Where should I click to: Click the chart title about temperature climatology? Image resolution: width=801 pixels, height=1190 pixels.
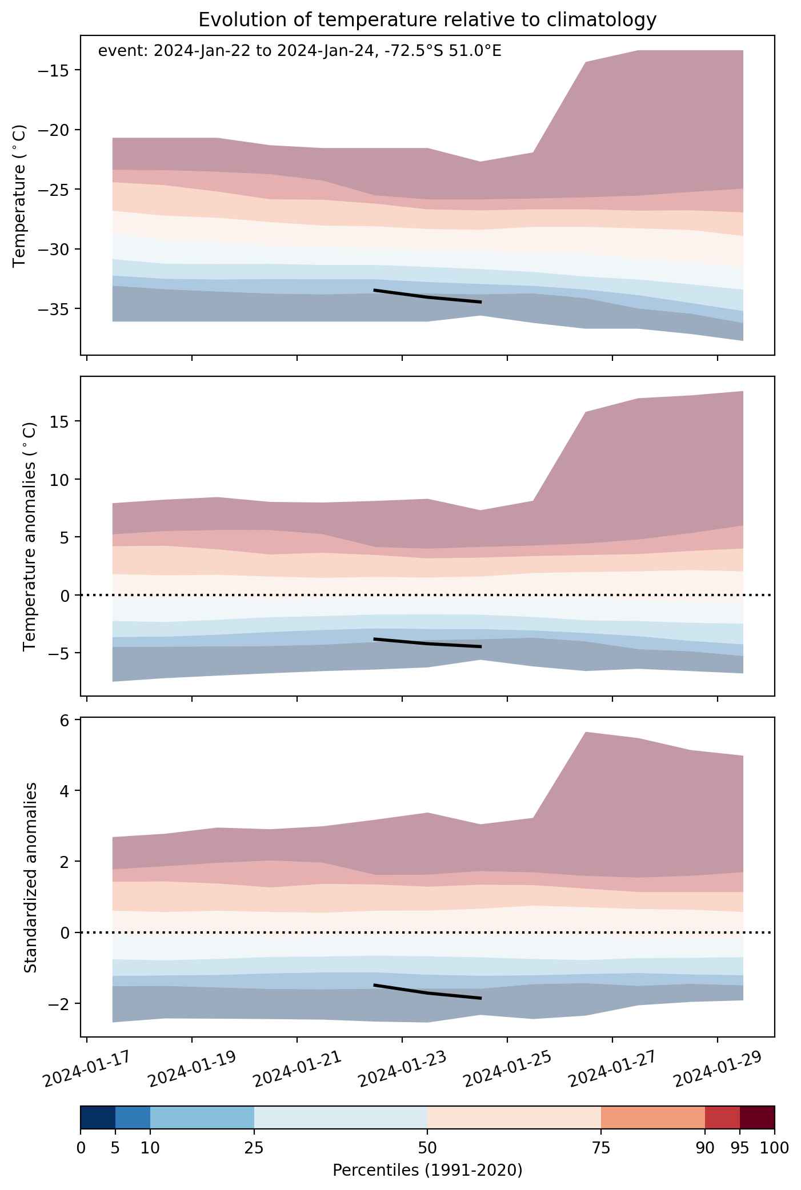[x=427, y=20]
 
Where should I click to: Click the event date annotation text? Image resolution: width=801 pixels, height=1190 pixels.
[x=299, y=51]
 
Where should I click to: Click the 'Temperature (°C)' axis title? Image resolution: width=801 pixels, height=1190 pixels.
[x=19, y=195]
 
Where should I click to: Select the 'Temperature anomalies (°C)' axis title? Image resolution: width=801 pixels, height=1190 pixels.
[x=30, y=536]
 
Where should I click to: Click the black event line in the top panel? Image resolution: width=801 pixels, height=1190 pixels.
[x=427, y=297]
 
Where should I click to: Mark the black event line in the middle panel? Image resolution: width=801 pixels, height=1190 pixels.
[x=427, y=644]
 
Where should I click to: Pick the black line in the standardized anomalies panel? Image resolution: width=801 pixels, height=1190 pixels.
[x=427, y=992]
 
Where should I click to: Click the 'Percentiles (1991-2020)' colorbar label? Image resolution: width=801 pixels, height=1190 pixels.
[x=427, y=1171]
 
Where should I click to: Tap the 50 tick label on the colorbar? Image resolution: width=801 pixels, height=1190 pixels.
[x=427, y=1148]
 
